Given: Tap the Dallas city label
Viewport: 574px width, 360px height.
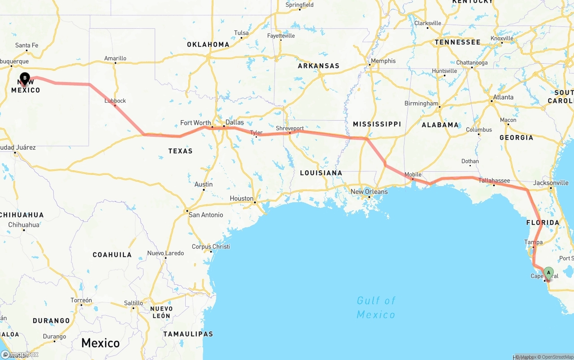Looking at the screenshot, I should (x=235, y=122).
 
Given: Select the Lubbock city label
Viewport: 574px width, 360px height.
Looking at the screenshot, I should (x=115, y=101).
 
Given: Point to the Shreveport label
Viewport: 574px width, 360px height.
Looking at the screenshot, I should (x=290, y=128).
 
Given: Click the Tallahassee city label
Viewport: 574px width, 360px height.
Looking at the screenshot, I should (x=494, y=181).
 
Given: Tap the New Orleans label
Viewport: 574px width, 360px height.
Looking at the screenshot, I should (x=369, y=191).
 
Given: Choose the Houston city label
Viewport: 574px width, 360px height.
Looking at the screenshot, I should (x=242, y=198).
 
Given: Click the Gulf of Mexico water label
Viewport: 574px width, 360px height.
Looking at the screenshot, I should (x=376, y=307).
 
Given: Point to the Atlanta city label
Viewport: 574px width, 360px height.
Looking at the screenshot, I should (x=503, y=97).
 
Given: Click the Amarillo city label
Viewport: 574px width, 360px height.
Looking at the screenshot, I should (x=115, y=58).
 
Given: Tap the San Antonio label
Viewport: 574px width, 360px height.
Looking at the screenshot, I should (x=206, y=215).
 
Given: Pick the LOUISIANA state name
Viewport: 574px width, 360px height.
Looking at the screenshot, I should (x=321, y=173).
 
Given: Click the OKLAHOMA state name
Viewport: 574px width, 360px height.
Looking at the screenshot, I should (x=208, y=44).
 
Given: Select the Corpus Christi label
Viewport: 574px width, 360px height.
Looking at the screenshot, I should (x=211, y=247).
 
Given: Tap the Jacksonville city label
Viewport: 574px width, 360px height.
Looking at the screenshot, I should (x=551, y=183).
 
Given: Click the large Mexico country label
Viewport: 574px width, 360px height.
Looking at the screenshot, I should (x=100, y=343).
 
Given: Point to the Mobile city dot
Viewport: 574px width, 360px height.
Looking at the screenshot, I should (x=413, y=179).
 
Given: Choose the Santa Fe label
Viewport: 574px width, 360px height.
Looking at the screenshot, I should (x=27, y=45).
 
